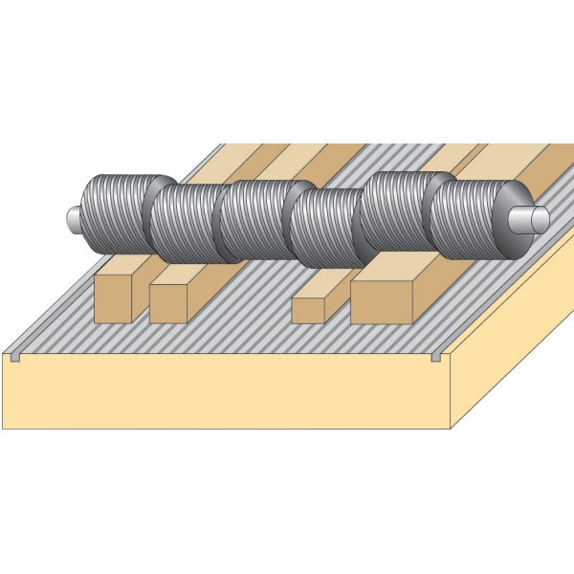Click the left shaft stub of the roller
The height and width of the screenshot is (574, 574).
[70, 218]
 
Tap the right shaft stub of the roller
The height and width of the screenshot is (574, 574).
[534, 219]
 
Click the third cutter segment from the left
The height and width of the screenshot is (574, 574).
[253, 220]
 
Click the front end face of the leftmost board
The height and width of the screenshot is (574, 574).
[114, 300]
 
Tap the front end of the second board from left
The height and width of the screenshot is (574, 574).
[167, 303]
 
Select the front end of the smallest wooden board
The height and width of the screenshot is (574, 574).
[308, 311]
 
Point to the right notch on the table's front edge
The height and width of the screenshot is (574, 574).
[435, 357]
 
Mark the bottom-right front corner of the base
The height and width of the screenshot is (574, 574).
[451, 429]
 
